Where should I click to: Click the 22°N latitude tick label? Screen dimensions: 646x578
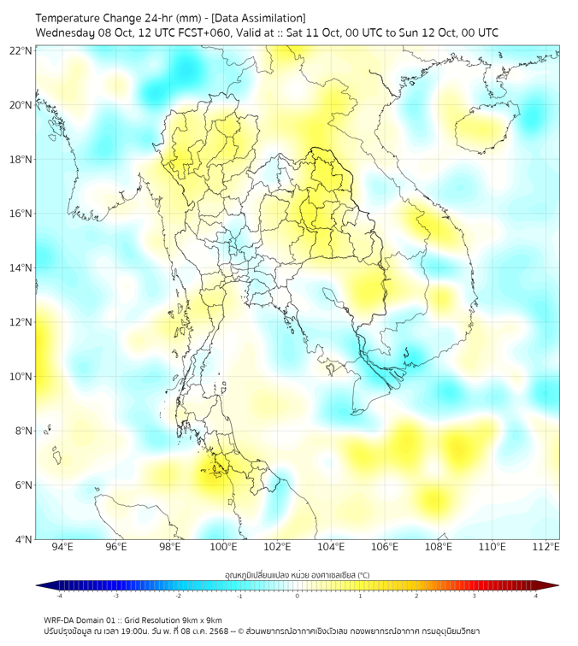click(21, 50)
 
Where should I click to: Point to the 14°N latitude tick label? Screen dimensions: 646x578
click(21, 267)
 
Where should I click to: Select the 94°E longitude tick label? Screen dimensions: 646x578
click(62, 547)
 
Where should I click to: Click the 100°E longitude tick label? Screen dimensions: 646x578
click(224, 547)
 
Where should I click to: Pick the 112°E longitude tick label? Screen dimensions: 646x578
click(547, 547)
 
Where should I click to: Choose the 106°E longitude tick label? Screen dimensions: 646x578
click(386, 547)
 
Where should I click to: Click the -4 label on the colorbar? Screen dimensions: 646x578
click(59, 596)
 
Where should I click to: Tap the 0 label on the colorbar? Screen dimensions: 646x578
click(298, 596)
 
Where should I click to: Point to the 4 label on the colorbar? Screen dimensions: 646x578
click(535, 596)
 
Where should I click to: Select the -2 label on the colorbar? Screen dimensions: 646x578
click(178, 596)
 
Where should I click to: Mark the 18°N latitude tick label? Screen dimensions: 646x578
click(21, 159)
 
